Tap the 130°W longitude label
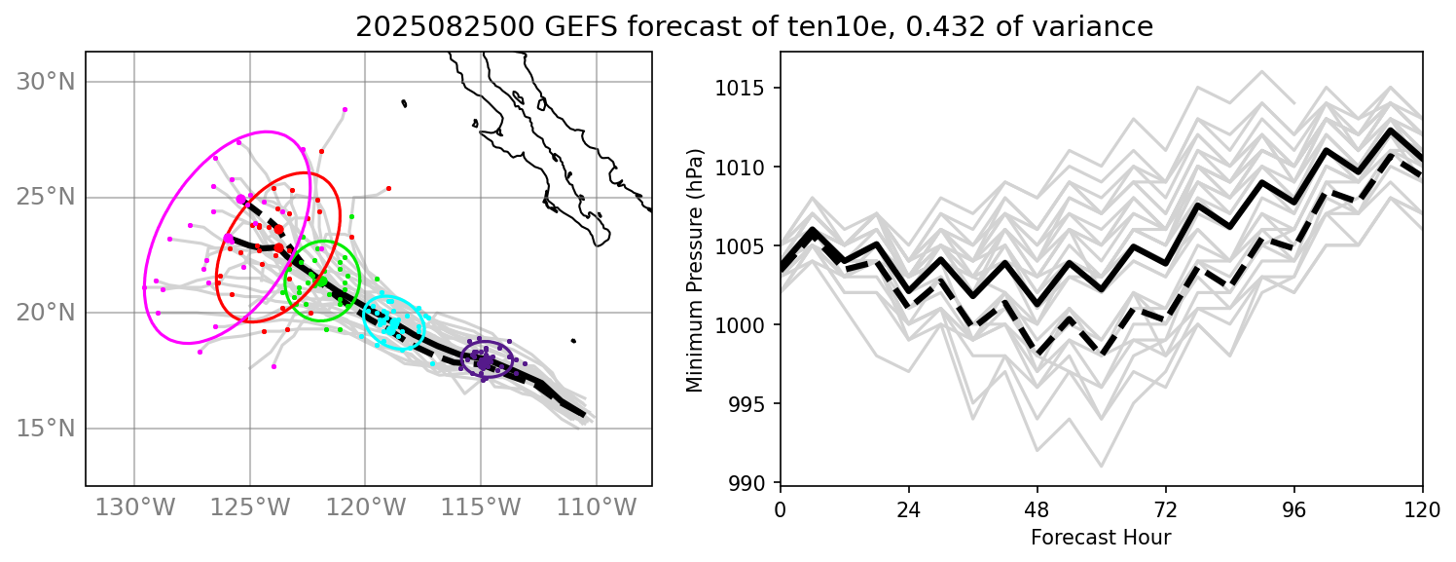coord(133,507)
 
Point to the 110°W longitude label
coord(596,507)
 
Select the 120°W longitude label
coord(365,507)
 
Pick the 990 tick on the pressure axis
coord(754,483)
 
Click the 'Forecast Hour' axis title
coord(1101,537)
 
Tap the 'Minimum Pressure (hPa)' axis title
coord(695,270)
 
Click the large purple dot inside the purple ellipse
coord(485,362)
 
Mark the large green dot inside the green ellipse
coord(322,281)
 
